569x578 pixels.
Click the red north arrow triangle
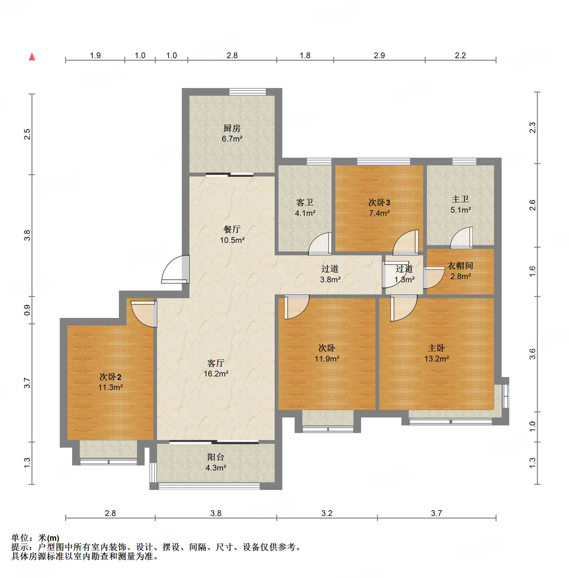click(32, 57)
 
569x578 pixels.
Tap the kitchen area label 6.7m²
click(232, 139)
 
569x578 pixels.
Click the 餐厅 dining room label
click(232, 229)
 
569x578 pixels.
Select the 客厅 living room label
click(216, 363)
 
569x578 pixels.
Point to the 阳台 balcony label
click(216, 457)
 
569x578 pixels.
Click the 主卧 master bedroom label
click(436, 348)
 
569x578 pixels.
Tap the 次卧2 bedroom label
click(110, 377)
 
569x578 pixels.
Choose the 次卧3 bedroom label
click(379, 203)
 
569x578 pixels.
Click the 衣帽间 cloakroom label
click(460, 266)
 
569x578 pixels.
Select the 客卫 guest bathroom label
click(305, 203)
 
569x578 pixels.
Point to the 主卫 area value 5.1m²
click(461, 210)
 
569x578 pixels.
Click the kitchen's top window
click(248, 92)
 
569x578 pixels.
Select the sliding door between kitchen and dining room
click(230, 175)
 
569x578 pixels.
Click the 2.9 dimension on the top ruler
click(379, 56)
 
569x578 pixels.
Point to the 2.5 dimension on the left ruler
click(27, 134)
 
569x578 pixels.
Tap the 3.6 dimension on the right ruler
click(532, 354)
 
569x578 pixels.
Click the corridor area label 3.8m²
click(330, 280)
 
